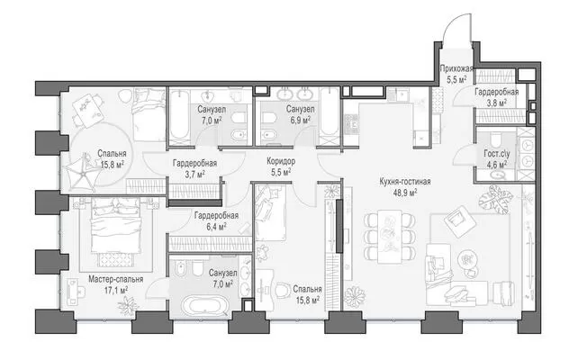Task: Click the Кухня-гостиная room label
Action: pos(405,182)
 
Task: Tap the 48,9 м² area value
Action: pos(405,193)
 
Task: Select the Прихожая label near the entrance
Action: pos(456,68)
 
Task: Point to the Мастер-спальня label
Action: pos(116,279)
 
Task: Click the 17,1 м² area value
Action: pos(116,291)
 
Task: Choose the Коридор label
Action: pos(281,161)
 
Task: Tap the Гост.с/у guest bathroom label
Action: pos(497,154)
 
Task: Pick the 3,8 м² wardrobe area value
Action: pos(496,103)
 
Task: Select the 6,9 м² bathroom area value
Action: pos(300,120)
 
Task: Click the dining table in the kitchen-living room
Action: pos(389,236)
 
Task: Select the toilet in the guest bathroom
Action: pos(495,139)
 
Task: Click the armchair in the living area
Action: pos(458,221)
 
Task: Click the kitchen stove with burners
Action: pos(351,124)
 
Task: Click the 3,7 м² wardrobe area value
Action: pos(195,175)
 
